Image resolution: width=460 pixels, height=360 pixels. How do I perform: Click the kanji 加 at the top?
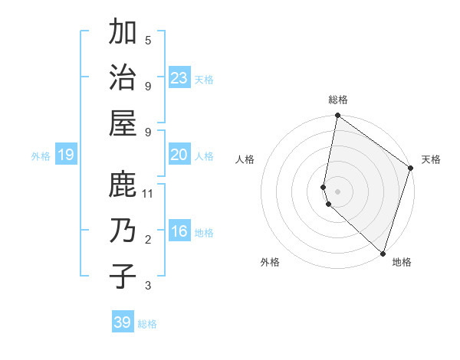pos(123,33)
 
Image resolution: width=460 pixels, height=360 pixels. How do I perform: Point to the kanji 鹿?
pos(123,185)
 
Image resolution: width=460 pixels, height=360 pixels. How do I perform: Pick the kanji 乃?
pos(123,229)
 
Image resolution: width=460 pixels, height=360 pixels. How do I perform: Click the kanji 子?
pos(123,274)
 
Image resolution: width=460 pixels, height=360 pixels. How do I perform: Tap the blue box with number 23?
pos(179,78)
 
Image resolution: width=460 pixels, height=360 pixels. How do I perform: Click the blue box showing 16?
pos(179,232)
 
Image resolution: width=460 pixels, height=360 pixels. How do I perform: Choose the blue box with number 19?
pos(65,155)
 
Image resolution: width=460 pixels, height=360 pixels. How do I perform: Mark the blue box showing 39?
pos(123,322)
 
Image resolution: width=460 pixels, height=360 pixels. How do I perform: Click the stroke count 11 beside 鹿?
pos(148,195)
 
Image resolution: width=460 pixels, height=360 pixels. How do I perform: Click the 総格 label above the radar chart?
pos(338,100)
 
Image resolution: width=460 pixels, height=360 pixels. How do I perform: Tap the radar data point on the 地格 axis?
pos(383,253)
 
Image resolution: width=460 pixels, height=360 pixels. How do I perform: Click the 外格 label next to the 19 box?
pos(41,156)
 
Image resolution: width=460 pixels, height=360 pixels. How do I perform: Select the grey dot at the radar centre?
pos(338,191)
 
